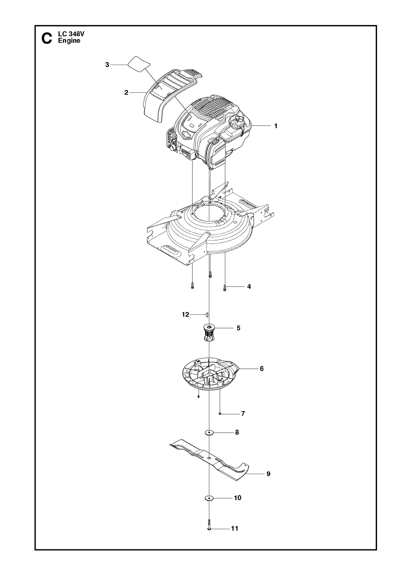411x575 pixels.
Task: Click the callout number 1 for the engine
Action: (276, 126)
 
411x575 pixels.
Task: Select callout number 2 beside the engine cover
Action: (126, 92)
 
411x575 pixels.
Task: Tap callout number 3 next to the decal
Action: (107, 65)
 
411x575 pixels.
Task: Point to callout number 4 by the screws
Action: (249, 286)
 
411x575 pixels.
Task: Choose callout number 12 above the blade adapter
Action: (186, 314)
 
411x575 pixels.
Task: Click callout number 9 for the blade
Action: (268, 474)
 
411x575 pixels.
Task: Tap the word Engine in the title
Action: (69, 41)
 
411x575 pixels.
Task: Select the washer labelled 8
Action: (210, 432)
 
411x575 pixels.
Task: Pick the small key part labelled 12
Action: (207, 314)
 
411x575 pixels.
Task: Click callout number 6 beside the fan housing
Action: (262, 369)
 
